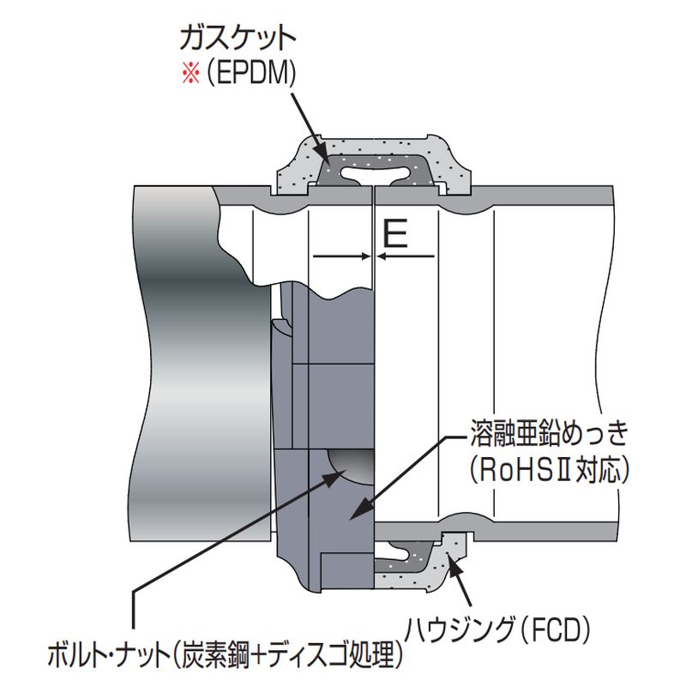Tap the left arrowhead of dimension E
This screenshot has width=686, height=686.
point(365,256)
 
